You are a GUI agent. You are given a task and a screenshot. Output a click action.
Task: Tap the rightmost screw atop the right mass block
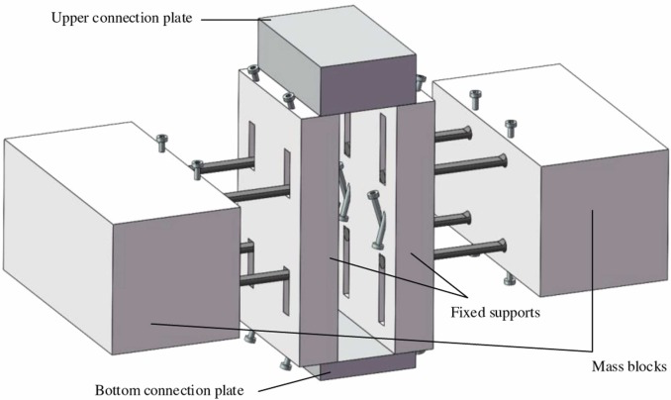point(511,126)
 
